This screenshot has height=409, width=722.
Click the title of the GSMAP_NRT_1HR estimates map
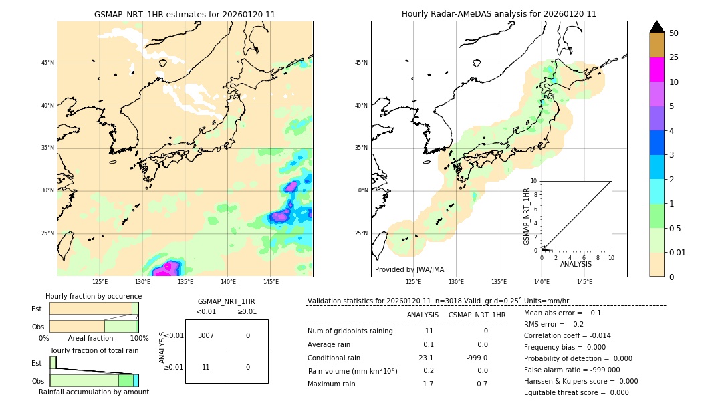[x=185, y=14]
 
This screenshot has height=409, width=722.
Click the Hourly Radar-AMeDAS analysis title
[x=499, y=14]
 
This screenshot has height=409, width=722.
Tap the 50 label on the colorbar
[x=674, y=33]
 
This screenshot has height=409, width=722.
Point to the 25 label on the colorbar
[x=674, y=57]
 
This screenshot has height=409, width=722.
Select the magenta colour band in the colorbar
[x=656, y=70]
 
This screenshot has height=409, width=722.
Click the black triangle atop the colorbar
[x=656, y=27]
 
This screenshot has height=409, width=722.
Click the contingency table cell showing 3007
[x=206, y=335]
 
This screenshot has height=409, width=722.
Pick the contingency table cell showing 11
[x=206, y=367]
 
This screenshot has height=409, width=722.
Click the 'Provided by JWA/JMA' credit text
[x=409, y=269]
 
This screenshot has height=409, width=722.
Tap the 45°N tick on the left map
[x=47, y=63]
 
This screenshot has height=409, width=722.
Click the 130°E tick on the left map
[x=142, y=282]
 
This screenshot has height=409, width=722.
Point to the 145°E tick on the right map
[x=584, y=282]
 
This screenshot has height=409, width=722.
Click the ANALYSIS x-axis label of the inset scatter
[x=576, y=264]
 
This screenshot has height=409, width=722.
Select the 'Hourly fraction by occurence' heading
[x=94, y=296]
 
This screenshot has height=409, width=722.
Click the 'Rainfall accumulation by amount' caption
[x=94, y=392]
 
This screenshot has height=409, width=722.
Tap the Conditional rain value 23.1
[x=426, y=358]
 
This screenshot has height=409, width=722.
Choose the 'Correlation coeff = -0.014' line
[x=567, y=335]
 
